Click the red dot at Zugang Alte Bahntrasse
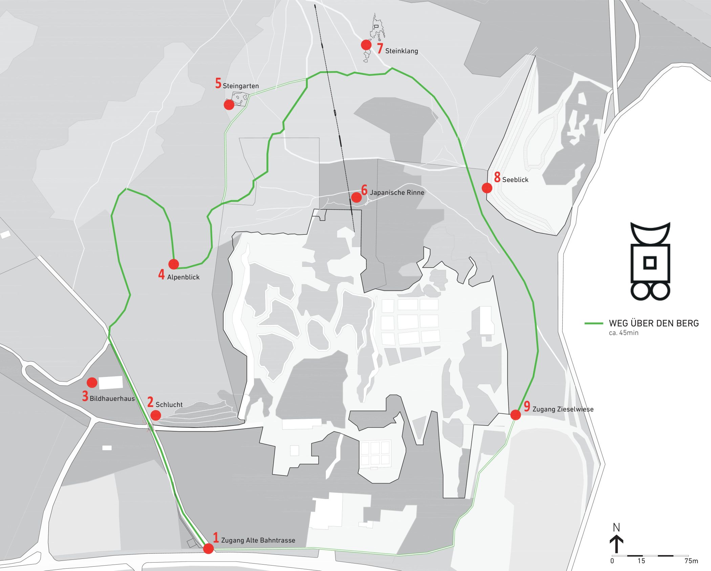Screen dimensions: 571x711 209,549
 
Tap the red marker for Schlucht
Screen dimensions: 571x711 155,415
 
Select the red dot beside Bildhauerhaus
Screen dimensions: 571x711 92,383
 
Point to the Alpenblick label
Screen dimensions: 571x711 183,277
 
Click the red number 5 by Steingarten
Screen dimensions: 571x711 218,84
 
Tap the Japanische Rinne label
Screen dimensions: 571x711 397,193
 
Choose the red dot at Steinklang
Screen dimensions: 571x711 366,45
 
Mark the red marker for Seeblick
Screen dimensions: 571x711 487,188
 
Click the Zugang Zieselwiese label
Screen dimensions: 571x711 563,409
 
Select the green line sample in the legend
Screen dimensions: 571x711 594,323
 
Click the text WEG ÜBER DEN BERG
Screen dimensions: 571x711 653,323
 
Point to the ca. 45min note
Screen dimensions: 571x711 623,333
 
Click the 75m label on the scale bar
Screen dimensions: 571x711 691,561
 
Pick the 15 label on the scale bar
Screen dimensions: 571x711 641,561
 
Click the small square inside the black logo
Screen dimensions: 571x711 650,262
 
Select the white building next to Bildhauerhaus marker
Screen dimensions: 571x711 110,382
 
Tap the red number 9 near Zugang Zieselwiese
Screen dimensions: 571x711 526,407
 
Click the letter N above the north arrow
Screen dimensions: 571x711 616,527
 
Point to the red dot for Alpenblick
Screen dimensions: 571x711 173,264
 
